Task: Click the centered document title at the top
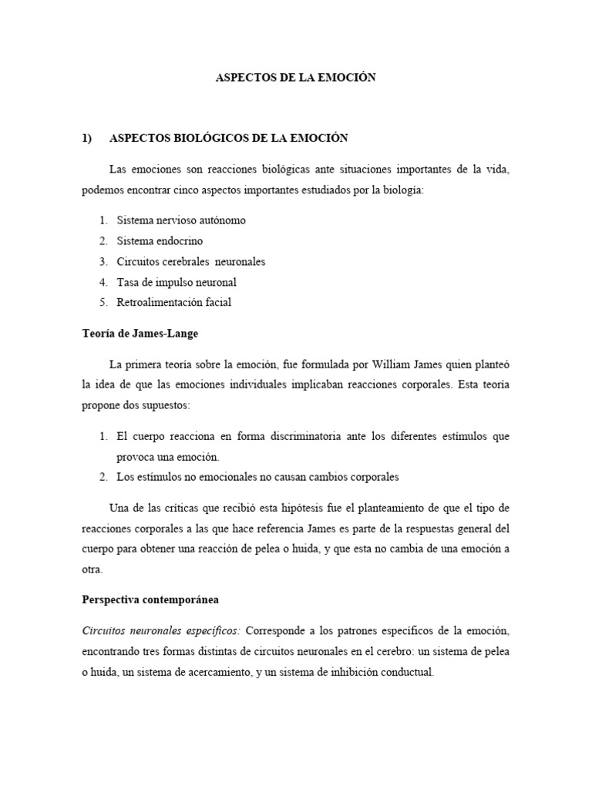295,79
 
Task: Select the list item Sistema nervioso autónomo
181,220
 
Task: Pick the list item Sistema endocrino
160,241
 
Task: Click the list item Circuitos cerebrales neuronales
190,262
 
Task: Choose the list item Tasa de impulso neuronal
177,283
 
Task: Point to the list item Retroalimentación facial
173,303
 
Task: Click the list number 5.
103,303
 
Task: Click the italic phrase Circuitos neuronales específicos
158,630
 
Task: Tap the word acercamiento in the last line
217,672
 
